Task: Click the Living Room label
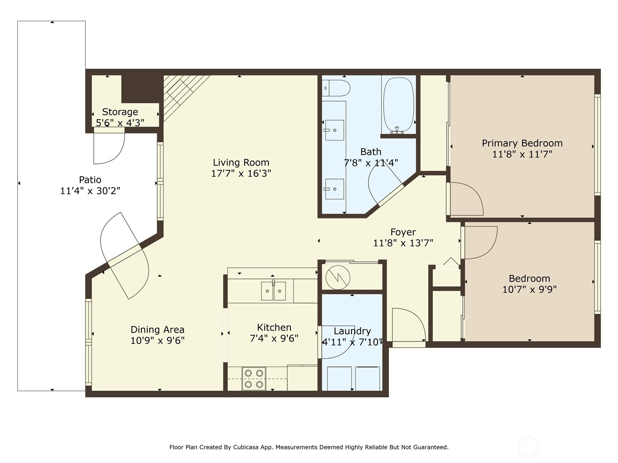tap(241, 162)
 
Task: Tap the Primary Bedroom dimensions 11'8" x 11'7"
tap(522, 154)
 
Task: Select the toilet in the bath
tap(336, 88)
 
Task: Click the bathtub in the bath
tap(399, 105)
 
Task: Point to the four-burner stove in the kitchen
tap(254, 379)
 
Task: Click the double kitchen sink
tap(273, 291)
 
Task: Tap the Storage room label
tap(120, 112)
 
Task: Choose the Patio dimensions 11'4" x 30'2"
tap(90, 191)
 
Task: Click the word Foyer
tap(403, 232)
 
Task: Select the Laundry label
tap(352, 331)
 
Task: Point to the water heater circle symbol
tap(338, 277)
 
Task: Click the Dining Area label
tap(157, 330)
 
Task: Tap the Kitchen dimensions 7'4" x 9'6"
tap(274, 338)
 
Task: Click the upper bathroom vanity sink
tap(334, 130)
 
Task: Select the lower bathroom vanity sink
tap(334, 189)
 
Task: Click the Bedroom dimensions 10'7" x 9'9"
tap(529, 289)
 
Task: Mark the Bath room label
tap(371, 152)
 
